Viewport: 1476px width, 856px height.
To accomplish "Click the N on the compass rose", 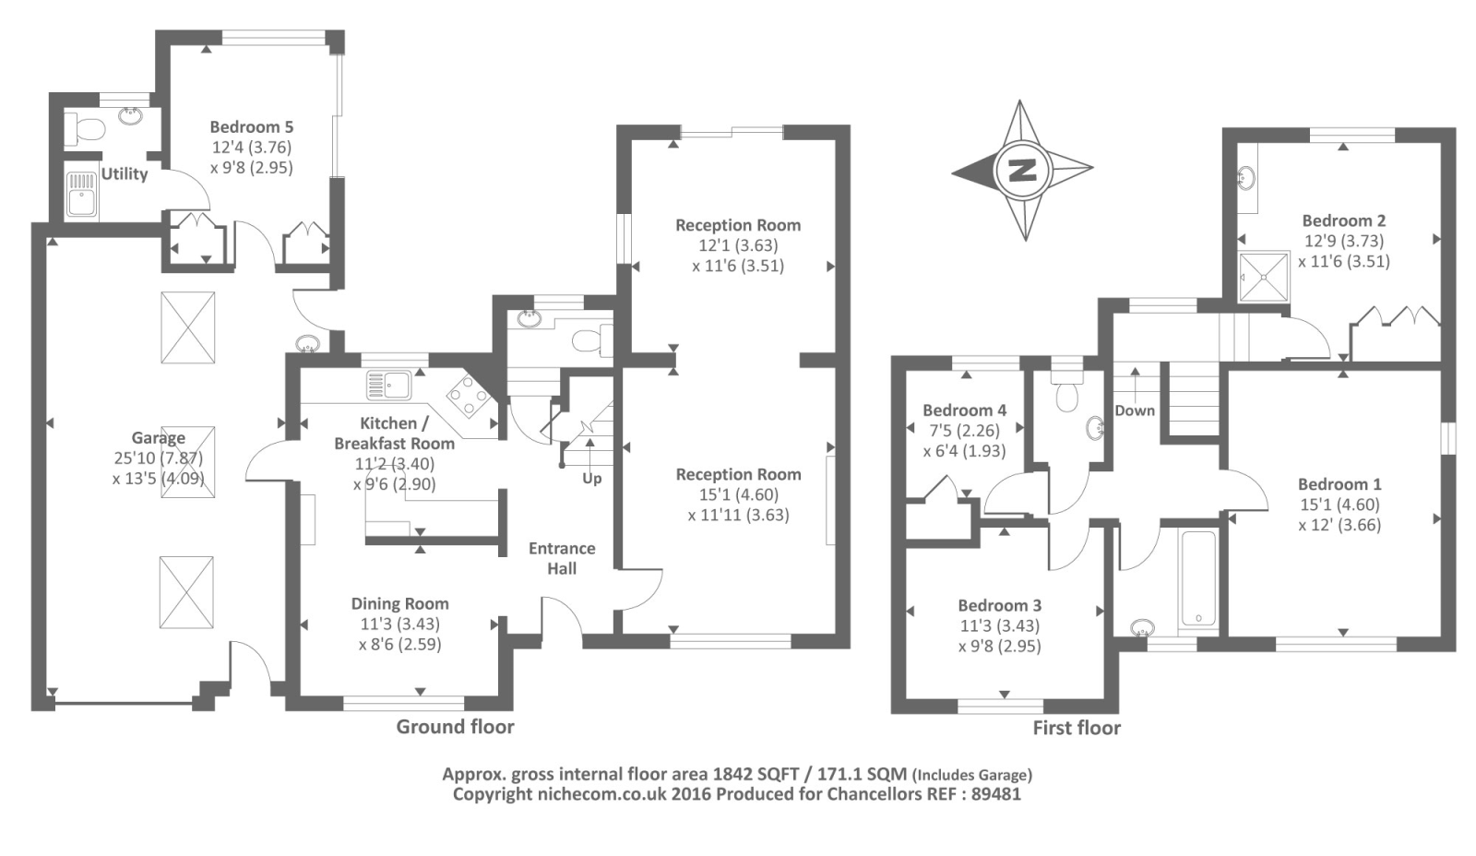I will pos(1022,170).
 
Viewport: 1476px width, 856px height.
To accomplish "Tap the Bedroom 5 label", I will pos(251,127).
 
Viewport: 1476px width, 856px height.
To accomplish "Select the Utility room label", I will pos(125,173).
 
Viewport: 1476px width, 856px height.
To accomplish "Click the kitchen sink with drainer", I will pos(389,385).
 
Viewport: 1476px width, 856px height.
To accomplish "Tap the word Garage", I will pos(158,438).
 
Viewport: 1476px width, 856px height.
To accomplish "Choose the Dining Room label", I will pos(399,604).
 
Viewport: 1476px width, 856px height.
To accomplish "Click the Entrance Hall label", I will pos(562,558).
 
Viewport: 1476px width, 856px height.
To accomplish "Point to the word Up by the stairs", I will pos(591,478).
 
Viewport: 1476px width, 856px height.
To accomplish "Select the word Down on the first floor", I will pos(1134,410).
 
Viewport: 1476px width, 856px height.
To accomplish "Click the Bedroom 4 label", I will pos(964,410).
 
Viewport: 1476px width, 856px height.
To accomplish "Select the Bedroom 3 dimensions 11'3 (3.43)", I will pos(1000,625).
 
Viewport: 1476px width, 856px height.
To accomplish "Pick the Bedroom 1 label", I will pos(1339,484).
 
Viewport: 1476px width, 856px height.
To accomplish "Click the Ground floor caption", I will pos(455,727).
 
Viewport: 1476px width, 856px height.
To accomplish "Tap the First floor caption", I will pos(1077,728).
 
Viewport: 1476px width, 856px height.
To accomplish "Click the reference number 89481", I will pos(996,794).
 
